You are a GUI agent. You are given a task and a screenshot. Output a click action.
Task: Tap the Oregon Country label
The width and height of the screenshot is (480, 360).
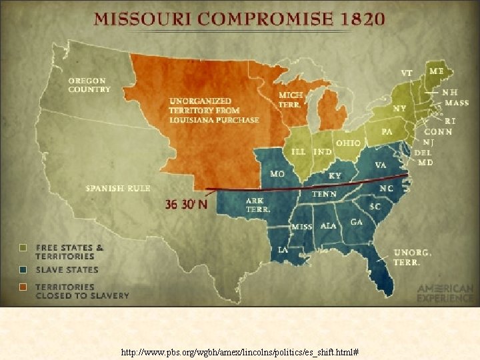(89, 85)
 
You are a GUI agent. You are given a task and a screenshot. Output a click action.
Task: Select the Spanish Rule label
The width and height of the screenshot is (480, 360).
(118, 189)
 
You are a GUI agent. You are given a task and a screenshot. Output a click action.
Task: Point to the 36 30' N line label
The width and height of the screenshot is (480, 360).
(187, 205)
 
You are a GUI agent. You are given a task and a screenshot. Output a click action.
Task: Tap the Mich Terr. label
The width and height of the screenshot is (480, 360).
(290, 99)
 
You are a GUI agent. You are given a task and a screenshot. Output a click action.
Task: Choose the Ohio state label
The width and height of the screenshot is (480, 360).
(348, 143)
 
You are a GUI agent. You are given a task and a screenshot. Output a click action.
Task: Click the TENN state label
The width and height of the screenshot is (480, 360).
(324, 194)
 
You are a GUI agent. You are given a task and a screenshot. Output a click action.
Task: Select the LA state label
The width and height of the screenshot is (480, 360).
(283, 250)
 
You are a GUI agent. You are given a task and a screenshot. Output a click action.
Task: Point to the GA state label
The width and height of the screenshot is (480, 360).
(357, 222)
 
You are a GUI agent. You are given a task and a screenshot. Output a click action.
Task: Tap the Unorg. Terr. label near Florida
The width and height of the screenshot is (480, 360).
(413, 257)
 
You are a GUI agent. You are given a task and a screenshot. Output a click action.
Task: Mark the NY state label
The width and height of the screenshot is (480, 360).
(399, 108)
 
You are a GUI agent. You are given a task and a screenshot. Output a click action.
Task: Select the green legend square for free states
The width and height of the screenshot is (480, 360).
(23, 248)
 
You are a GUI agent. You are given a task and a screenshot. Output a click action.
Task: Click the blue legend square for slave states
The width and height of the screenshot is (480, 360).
(23, 270)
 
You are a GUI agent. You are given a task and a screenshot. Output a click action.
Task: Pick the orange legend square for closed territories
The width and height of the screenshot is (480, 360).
(23, 287)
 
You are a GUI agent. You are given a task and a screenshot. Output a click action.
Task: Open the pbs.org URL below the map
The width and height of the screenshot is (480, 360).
(239, 351)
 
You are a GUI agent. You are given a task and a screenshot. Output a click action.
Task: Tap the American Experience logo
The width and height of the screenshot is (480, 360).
(445, 293)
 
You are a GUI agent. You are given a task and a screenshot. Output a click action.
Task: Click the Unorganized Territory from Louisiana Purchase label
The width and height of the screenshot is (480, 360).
(213, 111)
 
